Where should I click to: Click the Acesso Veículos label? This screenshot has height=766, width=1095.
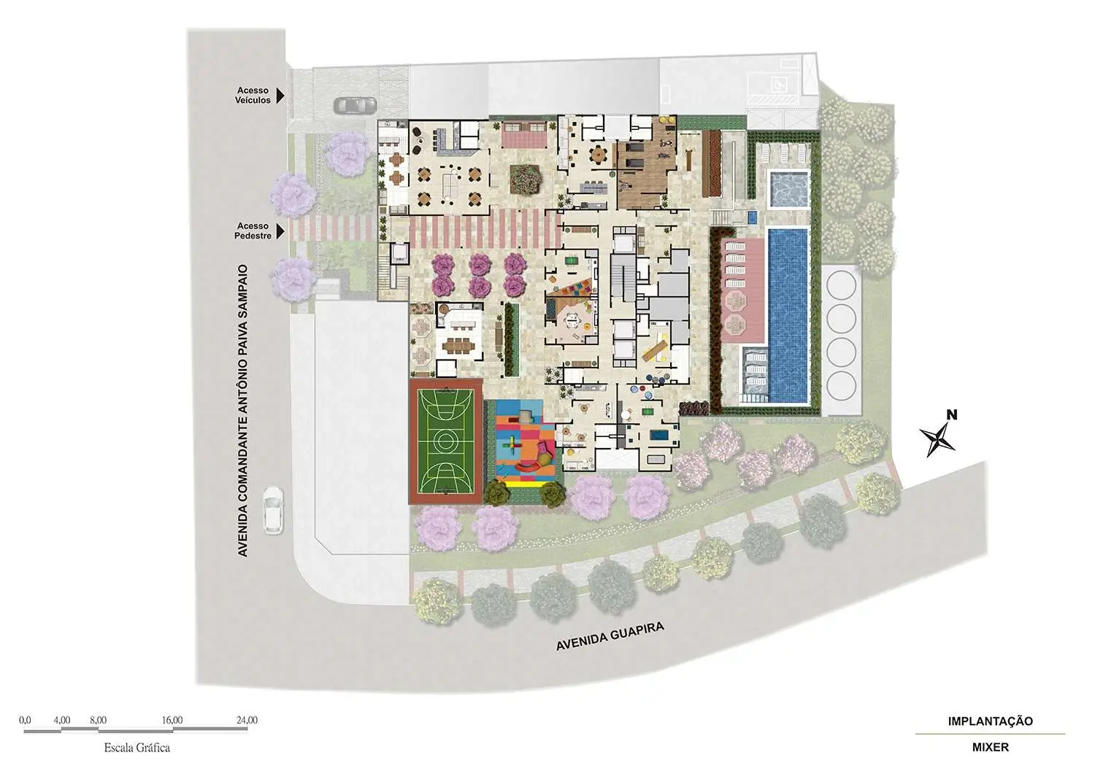(x=253, y=96)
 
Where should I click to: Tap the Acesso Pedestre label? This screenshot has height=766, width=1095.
(x=253, y=231)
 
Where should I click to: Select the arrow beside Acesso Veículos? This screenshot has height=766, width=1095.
(x=280, y=96)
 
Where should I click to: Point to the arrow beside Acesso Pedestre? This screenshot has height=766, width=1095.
(x=280, y=231)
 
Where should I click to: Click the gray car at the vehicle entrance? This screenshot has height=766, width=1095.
(x=356, y=105)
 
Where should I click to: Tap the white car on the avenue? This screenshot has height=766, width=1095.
(x=273, y=510)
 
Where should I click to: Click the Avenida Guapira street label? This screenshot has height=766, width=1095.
(x=610, y=636)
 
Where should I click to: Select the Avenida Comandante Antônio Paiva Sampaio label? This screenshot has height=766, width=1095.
(x=243, y=411)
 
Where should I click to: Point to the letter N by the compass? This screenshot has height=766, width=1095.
(x=952, y=415)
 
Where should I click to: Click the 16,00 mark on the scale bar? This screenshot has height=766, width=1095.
(x=172, y=720)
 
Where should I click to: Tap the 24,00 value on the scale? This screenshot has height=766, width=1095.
(x=247, y=720)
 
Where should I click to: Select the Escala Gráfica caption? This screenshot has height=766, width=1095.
(x=137, y=748)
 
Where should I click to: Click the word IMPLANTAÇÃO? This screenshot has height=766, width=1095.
(x=991, y=721)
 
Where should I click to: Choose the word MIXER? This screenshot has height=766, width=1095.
(x=991, y=748)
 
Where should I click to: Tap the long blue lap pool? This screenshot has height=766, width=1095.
(x=788, y=316)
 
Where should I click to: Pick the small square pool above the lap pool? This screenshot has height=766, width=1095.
(x=788, y=187)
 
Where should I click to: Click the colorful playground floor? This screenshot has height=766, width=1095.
(x=526, y=444)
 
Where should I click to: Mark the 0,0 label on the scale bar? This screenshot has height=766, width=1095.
(x=25, y=720)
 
